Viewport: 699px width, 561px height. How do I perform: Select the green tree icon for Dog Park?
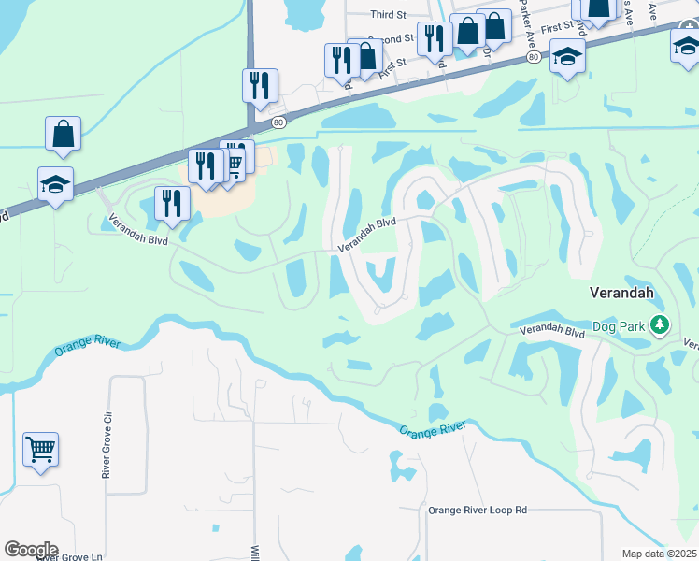(661, 325)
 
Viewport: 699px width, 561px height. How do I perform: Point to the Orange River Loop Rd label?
(478, 510)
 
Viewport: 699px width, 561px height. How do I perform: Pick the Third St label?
(389, 15)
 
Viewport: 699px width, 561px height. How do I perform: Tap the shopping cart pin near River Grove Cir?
(40, 450)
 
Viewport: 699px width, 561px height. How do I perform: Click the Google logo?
(30, 550)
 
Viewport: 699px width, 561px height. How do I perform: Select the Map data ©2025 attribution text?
(659, 554)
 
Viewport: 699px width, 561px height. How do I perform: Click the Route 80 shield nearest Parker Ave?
(532, 57)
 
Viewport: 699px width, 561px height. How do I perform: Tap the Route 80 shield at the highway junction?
(278, 122)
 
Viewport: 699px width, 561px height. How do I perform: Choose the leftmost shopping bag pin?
(63, 134)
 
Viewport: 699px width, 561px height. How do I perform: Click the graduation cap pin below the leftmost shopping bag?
(55, 183)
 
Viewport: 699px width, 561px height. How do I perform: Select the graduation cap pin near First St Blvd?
(567, 56)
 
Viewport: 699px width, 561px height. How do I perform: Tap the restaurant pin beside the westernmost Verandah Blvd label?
(172, 202)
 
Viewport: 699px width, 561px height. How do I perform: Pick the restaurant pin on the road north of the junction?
(260, 85)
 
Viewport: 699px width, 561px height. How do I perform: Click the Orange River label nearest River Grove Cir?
(88, 346)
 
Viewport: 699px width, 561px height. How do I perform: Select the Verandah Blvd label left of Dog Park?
(551, 330)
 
